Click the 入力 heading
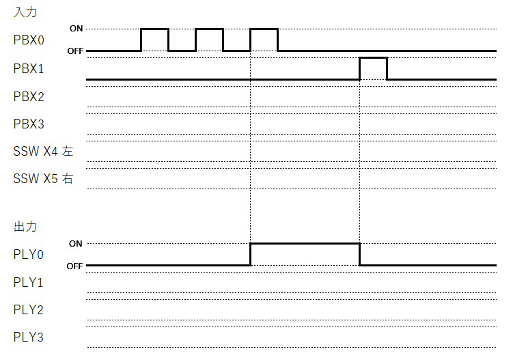point(25,12)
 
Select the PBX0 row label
point(29,40)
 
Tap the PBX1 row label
point(29,68)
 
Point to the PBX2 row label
point(29,96)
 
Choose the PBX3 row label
point(29,124)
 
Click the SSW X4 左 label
point(43,152)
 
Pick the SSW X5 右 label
point(43,180)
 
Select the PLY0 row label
point(29,254)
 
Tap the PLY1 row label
point(29,282)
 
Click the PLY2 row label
point(29,309)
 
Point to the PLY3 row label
point(29,337)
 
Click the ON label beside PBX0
point(76,29)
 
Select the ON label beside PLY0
point(76,243)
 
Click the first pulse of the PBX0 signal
point(154,29)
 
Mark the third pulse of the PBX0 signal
point(264,29)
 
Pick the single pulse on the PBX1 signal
point(373,58)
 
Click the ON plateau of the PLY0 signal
point(305,243)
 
